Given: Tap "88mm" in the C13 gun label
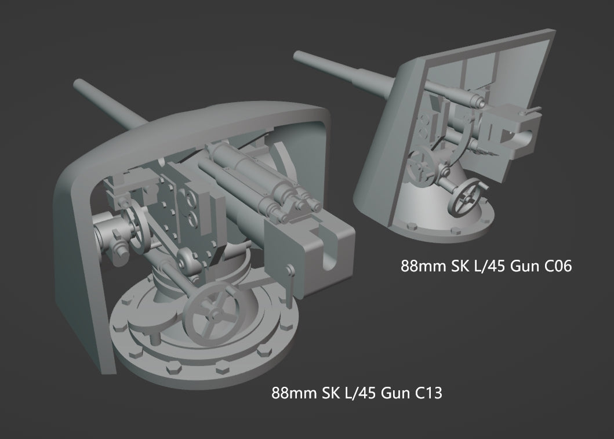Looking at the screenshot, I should click(x=295, y=394).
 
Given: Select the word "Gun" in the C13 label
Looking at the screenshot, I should click(x=395, y=394).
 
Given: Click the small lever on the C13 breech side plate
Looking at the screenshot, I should click(x=290, y=271).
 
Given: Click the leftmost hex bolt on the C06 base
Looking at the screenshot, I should click(x=412, y=225).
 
